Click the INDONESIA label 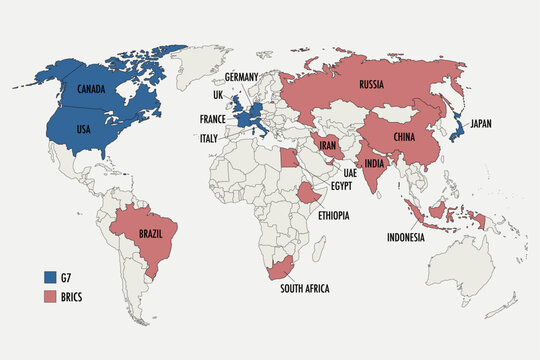point(406,237)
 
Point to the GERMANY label point(243,76)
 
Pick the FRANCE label point(211,118)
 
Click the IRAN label point(331,145)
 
